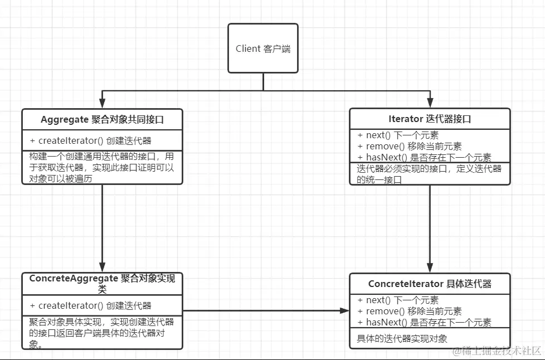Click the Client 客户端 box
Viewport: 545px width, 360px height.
coord(263,48)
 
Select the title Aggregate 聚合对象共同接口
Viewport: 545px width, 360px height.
coord(103,119)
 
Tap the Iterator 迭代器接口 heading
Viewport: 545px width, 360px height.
coord(430,119)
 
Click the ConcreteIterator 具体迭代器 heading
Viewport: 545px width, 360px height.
coord(430,284)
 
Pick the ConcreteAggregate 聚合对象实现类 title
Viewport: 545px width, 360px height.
coord(103,283)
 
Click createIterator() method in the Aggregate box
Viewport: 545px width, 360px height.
coord(90,140)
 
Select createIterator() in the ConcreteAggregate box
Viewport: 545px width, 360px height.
coord(90,305)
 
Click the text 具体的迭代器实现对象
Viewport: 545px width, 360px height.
coord(402,338)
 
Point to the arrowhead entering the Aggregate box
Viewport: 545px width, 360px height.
coord(103,104)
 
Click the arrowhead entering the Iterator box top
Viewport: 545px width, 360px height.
coord(430,104)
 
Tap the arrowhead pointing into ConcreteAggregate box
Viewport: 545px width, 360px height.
coord(103,268)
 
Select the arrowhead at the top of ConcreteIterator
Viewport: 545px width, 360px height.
coord(430,268)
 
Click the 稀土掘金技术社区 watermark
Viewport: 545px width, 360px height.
coord(497,351)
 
